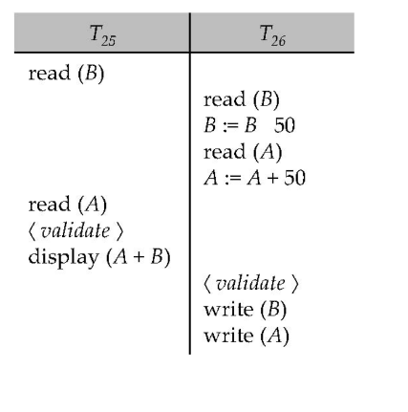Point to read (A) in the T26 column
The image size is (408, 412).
(239, 152)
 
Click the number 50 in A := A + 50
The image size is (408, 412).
(294, 178)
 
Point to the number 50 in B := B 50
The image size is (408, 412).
(285, 127)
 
